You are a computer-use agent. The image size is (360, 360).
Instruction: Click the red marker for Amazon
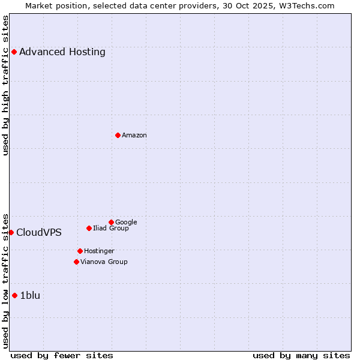pos(118,135)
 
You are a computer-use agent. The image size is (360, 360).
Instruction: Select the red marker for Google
pos(111,222)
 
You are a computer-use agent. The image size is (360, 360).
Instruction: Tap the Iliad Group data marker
pos(89,228)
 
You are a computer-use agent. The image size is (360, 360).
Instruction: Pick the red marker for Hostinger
pos(80,251)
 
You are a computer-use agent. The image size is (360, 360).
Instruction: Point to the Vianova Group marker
pos(76,262)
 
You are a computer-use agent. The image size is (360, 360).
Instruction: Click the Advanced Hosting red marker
pos(14,52)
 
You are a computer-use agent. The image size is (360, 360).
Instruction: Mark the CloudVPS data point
pos(11,232)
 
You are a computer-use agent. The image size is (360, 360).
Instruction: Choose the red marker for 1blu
pos(14,295)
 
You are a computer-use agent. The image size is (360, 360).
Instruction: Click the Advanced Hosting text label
pos(62,52)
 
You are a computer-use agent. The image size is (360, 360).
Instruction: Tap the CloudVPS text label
pos(39,233)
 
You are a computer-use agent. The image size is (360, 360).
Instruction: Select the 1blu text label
pos(30,295)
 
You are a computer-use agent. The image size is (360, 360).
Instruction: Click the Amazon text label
pos(134,136)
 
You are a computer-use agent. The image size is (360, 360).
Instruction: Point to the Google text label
pos(126,222)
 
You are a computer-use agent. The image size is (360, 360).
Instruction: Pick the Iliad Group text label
pos(111,228)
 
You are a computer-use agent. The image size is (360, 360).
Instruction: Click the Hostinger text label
pos(99,251)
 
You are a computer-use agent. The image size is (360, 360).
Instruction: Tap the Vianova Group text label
pos(104,262)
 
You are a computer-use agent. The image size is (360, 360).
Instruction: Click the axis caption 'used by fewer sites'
pos(62,355)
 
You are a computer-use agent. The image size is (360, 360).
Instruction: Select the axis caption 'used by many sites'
pos(301,355)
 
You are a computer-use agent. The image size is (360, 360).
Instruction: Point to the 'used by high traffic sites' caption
pos(6,85)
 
